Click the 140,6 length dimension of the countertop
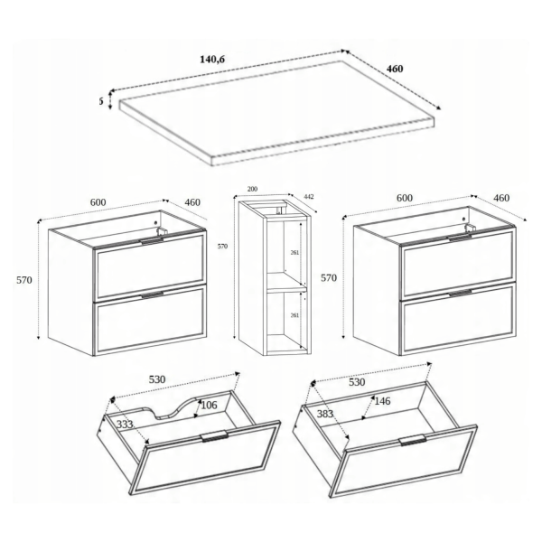(x=212, y=60)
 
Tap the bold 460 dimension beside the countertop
(x=395, y=69)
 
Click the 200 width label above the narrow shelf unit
(x=252, y=189)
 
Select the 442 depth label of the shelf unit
(x=309, y=197)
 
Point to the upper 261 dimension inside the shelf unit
(x=294, y=253)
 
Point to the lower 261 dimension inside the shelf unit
(x=294, y=315)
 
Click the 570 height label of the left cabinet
(x=24, y=280)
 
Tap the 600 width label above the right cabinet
(x=405, y=198)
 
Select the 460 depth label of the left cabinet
(x=192, y=202)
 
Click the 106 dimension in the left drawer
(x=209, y=405)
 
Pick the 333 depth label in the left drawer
(x=125, y=425)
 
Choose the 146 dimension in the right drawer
(x=382, y=401)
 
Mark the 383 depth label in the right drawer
(x=325, y=414)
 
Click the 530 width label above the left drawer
(x=157, y=379)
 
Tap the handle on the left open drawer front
(x=214, y=436)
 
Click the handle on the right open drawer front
(x=413, y=440)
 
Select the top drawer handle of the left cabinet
(x=153, y=241)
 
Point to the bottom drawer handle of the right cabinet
(x=460, y=294)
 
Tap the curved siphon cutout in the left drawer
(x=170, y=408)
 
